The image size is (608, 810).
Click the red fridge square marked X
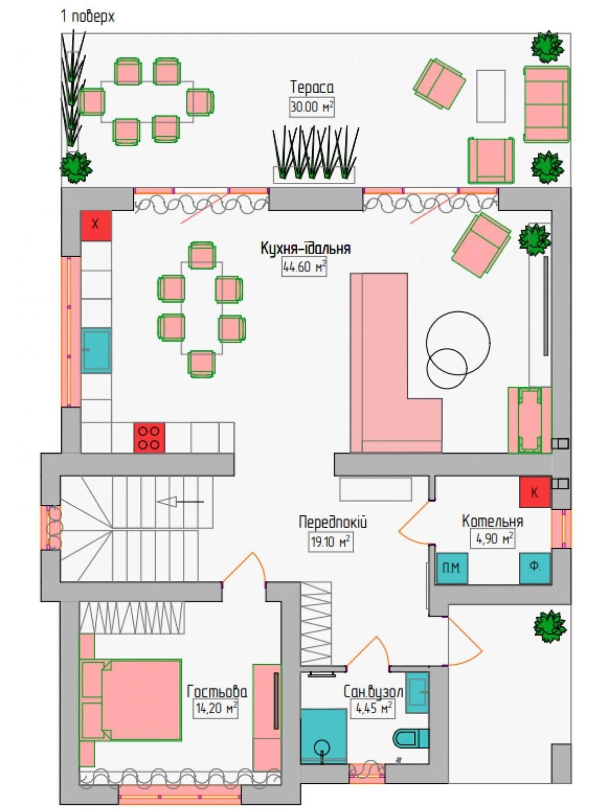(96, 225)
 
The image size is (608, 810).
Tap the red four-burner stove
(149, 437)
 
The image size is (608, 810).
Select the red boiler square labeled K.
(535, 493)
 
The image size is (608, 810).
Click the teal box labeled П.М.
(451, 569)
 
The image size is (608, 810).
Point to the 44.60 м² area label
(305, 266)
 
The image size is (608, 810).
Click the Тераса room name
(312, 88)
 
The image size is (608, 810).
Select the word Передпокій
(333, 522)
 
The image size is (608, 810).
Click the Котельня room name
(492, 521)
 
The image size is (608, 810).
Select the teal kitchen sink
(96, 350)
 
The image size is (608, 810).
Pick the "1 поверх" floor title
(88, 17)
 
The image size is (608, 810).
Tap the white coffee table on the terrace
(490, 96)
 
